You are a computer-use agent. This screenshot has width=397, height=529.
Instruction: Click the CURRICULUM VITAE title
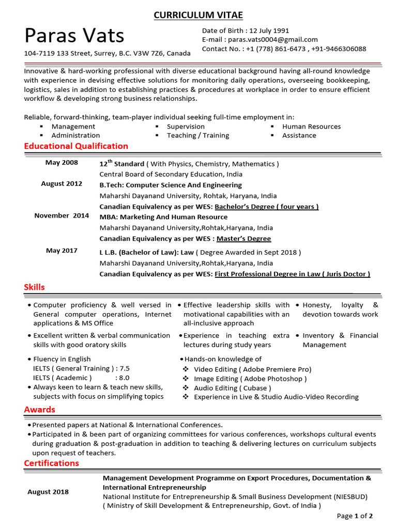198,15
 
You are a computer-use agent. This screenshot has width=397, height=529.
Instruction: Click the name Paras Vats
74,36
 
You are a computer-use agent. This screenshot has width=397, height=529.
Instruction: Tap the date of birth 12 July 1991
267,30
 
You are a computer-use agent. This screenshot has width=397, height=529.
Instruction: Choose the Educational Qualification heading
76,146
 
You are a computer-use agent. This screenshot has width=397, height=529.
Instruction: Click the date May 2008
62,163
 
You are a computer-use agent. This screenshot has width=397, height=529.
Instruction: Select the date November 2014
62,215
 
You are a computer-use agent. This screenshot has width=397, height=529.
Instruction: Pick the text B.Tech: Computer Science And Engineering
170,185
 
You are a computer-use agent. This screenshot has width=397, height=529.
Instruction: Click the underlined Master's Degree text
243,239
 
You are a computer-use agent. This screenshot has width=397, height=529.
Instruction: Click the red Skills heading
34,287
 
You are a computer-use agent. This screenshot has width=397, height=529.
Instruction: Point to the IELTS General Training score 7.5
125,368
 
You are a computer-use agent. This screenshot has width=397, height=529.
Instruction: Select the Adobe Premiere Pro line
252,369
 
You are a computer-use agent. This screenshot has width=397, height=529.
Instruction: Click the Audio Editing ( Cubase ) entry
232,388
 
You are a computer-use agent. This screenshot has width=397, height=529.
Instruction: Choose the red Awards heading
39,410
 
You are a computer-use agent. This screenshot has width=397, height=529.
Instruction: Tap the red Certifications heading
52,463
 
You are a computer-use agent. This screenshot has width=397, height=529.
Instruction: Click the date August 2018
48,492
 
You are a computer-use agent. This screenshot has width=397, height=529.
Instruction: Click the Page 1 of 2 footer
355,516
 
